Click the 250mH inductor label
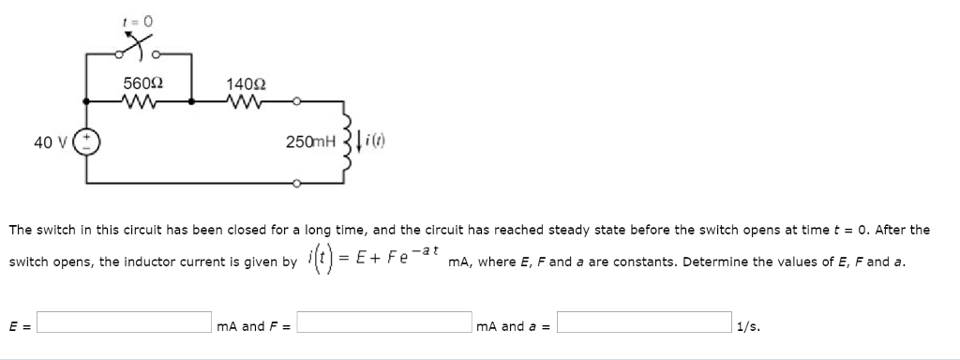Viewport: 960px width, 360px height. [310, 142]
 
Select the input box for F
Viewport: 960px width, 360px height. [385, 326]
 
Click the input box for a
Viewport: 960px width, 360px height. [644, 326]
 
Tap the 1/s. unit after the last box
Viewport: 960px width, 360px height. [748, 327]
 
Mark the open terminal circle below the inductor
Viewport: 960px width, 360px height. [296, 185]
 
